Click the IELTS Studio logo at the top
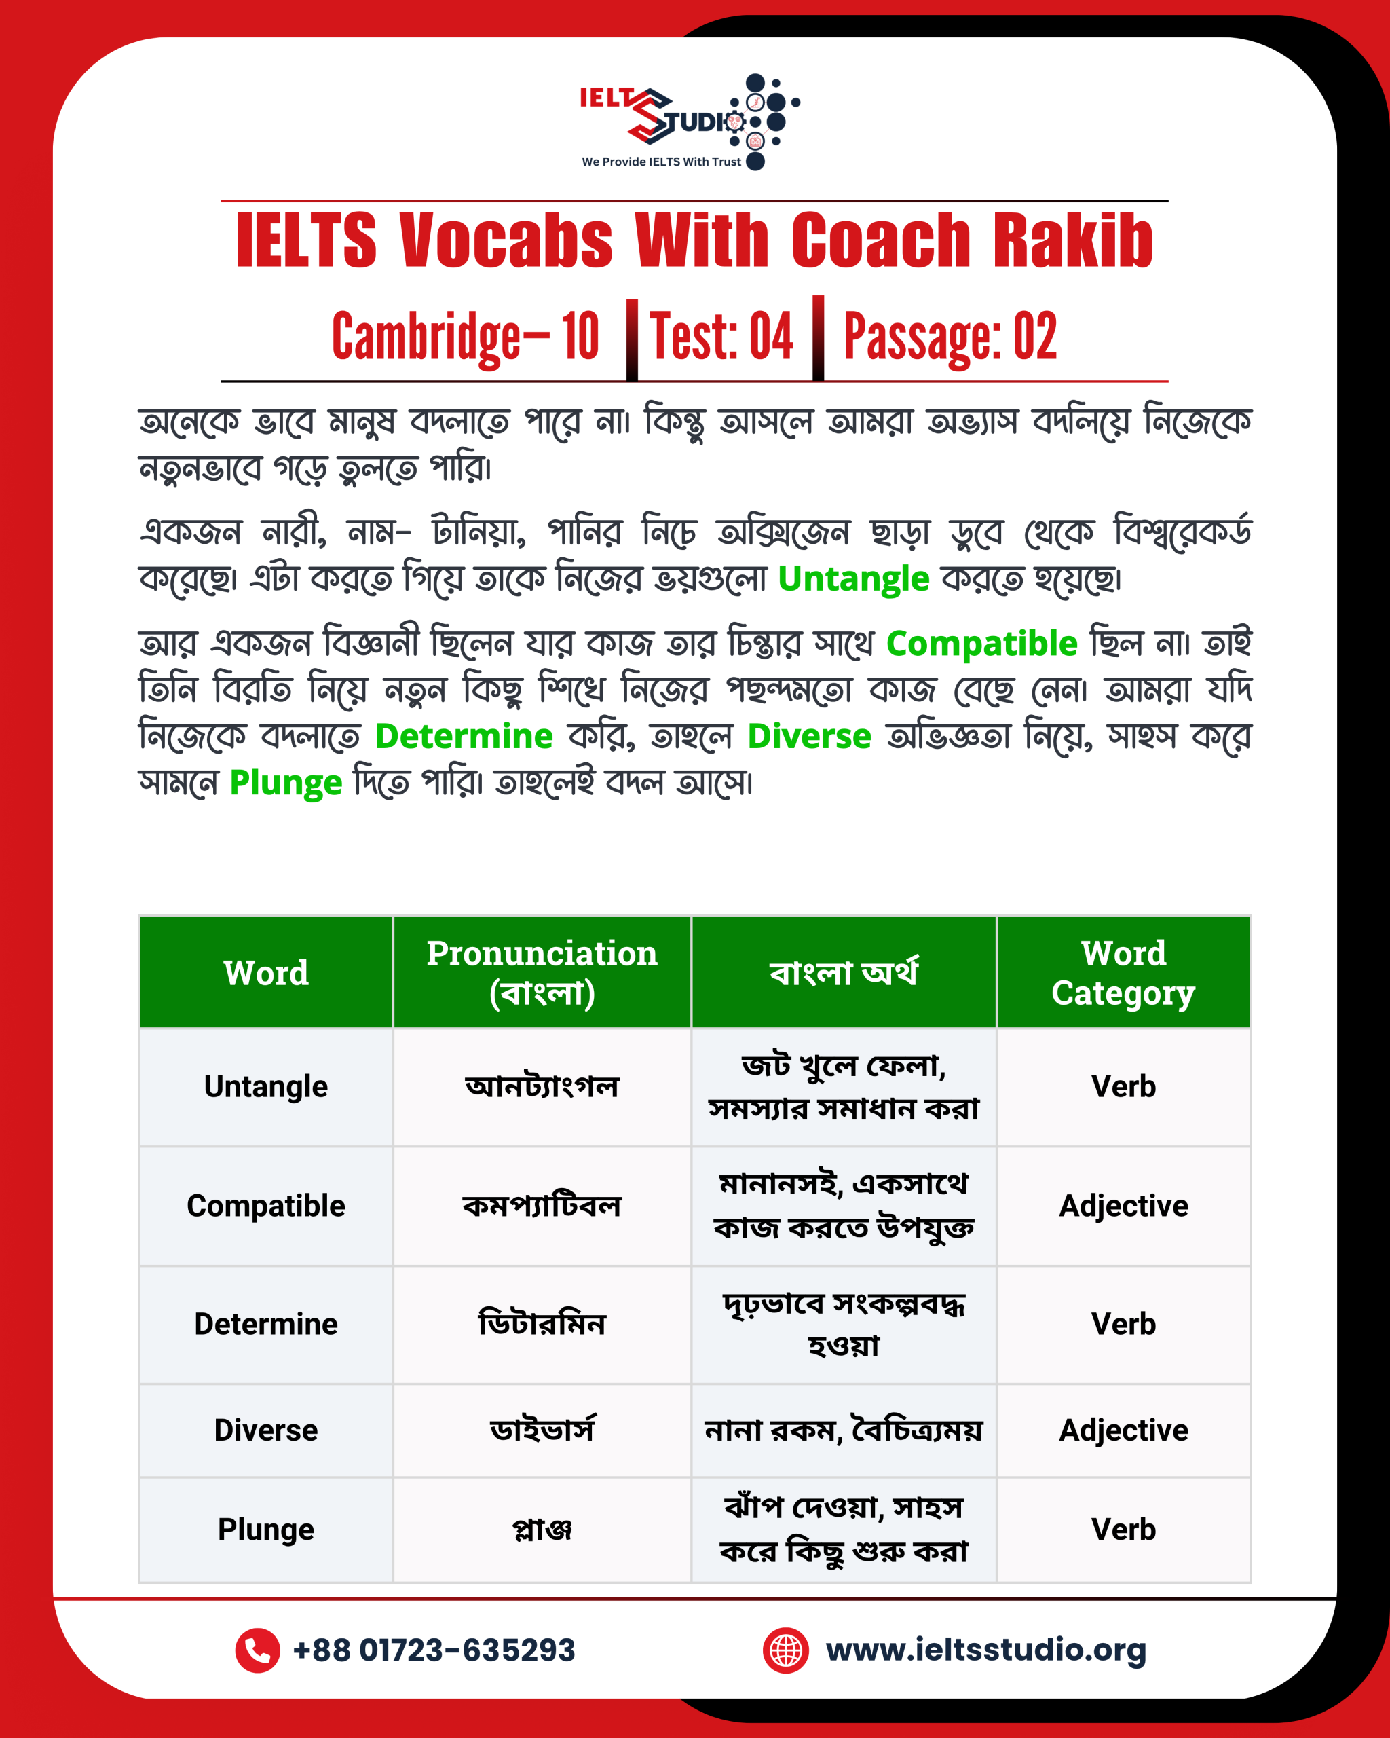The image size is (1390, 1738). [x=689, y=122]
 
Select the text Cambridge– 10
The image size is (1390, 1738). [x=465, y=337]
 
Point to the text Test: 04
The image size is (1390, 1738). [x=721, y=337]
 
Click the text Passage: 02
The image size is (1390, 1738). [x=950, y=337]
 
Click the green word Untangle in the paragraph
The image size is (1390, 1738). [x=853, y=579]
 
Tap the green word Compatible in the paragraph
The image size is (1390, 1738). [x=981, y=644]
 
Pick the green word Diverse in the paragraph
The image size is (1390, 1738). [x=809, y=736]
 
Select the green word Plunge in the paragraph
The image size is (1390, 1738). [x=286, y=783]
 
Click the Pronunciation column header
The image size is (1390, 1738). [x=542, y=972]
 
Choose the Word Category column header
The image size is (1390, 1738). [x=1123, y=972]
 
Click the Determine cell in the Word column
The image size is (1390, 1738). [x=266, y=1324]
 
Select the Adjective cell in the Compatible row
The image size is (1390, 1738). [x=1123, y=1206]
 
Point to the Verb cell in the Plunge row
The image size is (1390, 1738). [x=1123, y=1529]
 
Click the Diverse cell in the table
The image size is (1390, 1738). [x=266, y=1430]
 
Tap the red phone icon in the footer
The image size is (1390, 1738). [x=257, y=1650]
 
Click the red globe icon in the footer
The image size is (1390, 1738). [x=786, y=1650]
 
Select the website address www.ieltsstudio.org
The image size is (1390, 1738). [x=985, y=1650]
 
